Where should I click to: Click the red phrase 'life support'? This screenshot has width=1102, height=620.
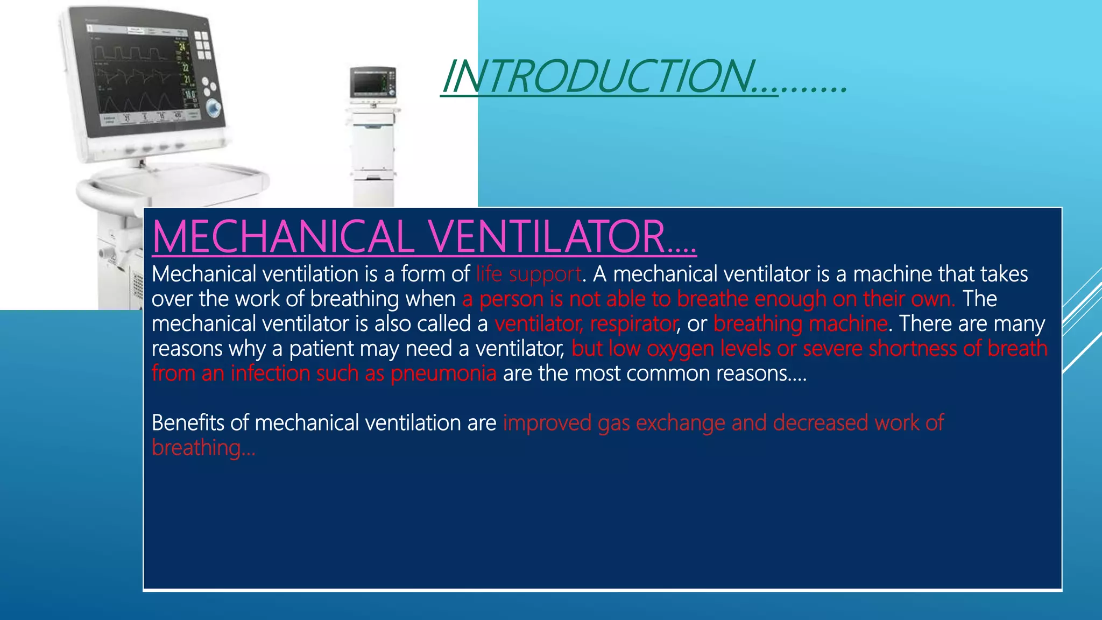click(x=528, y=274)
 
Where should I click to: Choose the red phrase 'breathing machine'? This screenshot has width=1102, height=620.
click(x=800, y=324)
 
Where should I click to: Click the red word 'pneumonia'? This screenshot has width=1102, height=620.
click(x=443, y=374)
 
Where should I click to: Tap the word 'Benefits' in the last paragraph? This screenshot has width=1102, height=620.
click(x=188, y=423)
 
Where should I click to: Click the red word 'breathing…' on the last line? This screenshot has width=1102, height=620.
click(x=203, y=448)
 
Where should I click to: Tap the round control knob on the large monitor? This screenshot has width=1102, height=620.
click(x=214, y=108)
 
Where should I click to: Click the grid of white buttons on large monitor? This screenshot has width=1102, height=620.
click(x=203, y=45)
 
